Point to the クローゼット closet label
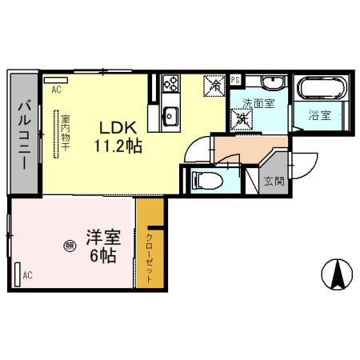(x=150, y=257)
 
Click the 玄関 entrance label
(x=274, y=181)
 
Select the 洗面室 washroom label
(x=258, y=102)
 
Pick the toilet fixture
(x=205, y=179)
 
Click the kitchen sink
(x=170, y=114)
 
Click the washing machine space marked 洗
(x=242, y=119)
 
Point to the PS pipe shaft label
(x=235, y=80)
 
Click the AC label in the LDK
(x=56, y=90)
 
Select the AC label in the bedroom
(x=26, y=276)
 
